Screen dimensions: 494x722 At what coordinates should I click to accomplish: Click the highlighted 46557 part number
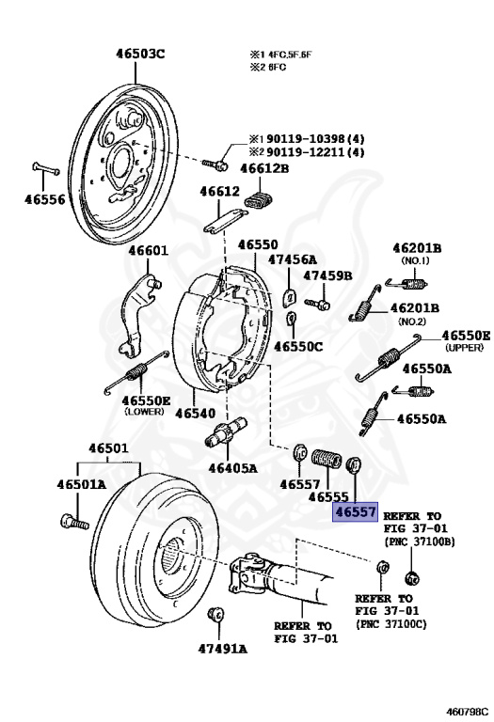[x=356, y=511]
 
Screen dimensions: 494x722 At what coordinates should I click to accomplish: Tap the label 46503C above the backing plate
[x=140, y=54]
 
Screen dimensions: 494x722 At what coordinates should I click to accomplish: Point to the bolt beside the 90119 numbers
[x=215, y=164]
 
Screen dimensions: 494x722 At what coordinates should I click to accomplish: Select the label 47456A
[x=293, y=259]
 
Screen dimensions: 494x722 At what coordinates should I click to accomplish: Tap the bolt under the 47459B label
[x=317, y=304]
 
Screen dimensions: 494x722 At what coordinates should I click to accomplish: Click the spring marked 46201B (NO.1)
[x=406, y=284]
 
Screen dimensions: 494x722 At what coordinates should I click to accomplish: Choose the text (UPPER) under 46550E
[x=464, y=348]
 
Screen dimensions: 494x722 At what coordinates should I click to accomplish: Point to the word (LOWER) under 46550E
[x=144, y=411]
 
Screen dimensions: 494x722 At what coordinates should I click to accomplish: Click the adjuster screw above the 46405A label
[x=226, y=432]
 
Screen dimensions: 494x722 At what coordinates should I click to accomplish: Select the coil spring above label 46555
[x=327, y=459]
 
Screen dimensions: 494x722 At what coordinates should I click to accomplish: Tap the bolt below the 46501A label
[x=74, y=522]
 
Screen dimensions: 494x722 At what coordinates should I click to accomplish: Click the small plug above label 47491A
[x=215, y=615]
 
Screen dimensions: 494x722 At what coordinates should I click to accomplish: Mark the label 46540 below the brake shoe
[x=196, y=413]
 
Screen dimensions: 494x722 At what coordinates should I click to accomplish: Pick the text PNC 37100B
[x=421, y=541]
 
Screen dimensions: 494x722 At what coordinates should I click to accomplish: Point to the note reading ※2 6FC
[x=268, y=68]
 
